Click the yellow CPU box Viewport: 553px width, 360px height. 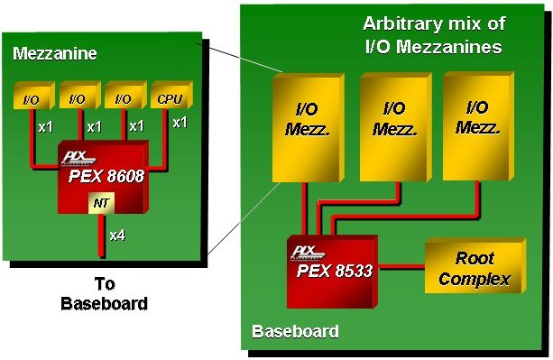tap(167, 97)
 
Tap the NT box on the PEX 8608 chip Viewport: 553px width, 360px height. tap(101, 203)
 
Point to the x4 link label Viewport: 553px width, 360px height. tap(117, 235)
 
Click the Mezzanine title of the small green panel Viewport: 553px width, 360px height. tap(55, 54)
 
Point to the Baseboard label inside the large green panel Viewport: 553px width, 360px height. tap(295, 331)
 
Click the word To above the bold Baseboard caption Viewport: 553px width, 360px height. tap(103, 282)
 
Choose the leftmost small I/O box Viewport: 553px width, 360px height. tap(32, 97)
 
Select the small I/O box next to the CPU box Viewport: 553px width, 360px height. tap(123, 97)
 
